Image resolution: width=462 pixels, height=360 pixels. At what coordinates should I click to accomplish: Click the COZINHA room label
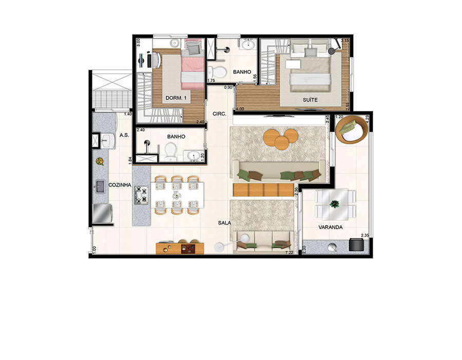(120, 185)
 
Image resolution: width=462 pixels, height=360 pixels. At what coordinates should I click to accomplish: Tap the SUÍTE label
(310, 100)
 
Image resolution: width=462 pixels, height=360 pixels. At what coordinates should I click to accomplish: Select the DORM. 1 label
(176, 98)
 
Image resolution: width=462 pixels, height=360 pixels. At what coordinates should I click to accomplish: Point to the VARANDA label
(330, 228)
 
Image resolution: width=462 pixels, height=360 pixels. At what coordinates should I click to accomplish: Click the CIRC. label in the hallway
(220, 113)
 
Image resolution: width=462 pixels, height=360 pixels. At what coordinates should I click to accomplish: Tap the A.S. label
(124, 135)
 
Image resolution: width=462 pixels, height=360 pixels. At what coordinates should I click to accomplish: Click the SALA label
(224, 223)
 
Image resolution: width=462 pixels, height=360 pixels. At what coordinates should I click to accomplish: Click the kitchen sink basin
(100, 186)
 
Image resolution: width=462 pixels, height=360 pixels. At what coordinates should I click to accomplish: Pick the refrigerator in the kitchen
(102, 214)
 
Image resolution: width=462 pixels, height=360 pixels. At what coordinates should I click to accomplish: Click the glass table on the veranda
(335, 204)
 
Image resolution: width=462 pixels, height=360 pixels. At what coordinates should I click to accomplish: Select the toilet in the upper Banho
(217, 71)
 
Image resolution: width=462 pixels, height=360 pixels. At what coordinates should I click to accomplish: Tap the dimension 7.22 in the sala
(290, 252)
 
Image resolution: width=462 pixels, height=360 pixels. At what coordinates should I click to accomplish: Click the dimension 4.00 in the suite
(240, 109)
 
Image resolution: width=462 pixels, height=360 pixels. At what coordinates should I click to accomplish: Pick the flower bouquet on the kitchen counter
(100, 161)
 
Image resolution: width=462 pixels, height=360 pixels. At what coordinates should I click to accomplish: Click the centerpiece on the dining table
(176, 195)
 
